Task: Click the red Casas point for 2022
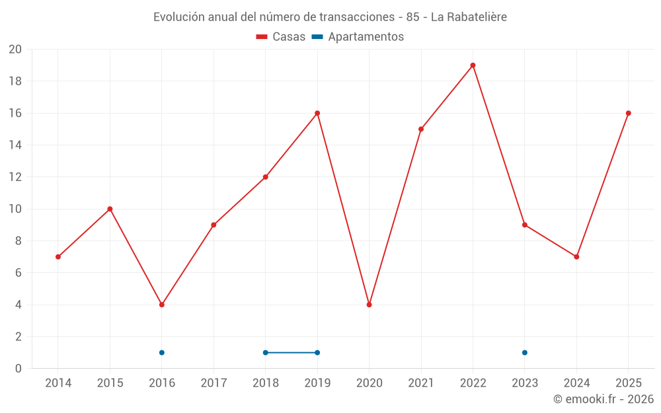pyautogui.click(x=473, y=65)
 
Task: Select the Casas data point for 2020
pyautogui.click(x=369, y=305)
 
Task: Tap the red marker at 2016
pyautogui.click(x=162, y=305)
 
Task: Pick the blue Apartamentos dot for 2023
pyautogui.click(x=524, y=353)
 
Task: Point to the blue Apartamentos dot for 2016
pyautogui.click(x=162, y=353)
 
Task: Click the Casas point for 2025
pyautogui.click(x=628, y=114)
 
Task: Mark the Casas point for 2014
pyautogui.click(x=58, y=256)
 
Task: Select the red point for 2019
pyautogui.click(x=317, y=114)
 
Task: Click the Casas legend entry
pyautogui.click(x=281, y=36)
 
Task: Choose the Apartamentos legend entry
pyautogui.click(x=358, y=36)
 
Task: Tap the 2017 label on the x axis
pyautogui.click(x=214, y=383)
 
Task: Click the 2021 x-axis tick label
pyautogui.click(x=421, y=383)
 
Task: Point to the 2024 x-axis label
pyautogui.click(x=576, y=383)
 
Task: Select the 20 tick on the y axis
pyautogui.click(x=15, y=50)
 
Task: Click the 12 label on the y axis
pyautogui.click(x=15, y=177)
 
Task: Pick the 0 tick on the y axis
pyautogui.click(x=18, y=368)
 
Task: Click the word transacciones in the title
pyautogui.click(x=357, y=17)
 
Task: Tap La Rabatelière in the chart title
pyautogui.click(x=469, y=17)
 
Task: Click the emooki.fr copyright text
pyautogui.click(x=603, y=398)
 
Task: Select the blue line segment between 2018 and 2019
pyautogui.click(x=292, y=353)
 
